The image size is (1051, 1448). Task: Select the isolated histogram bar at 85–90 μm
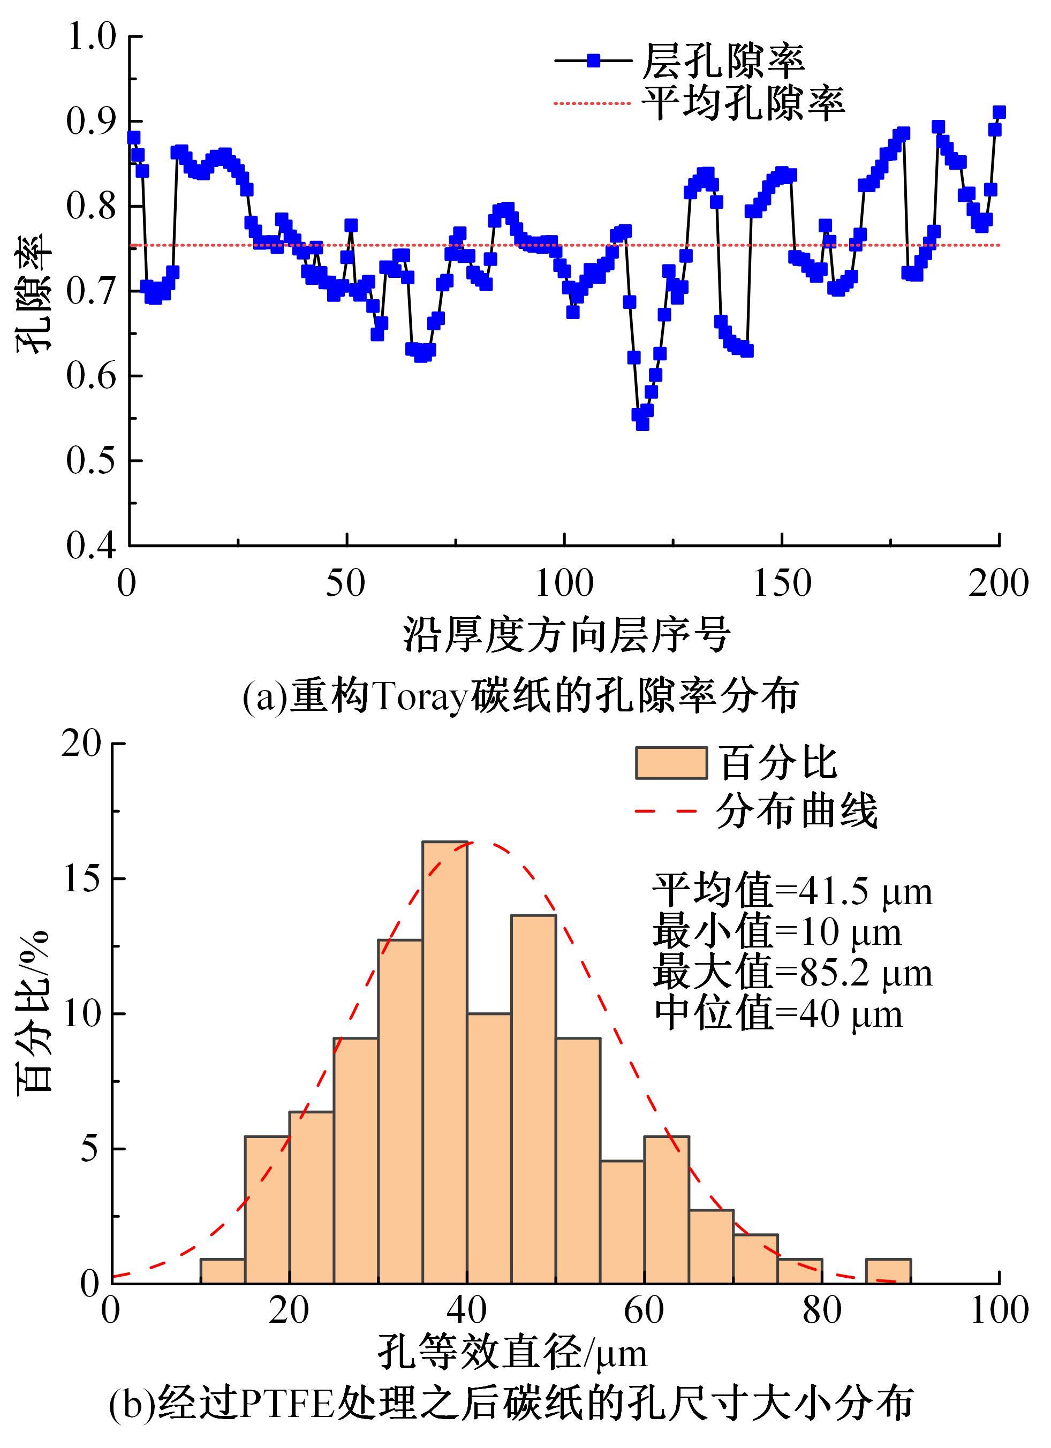(x=888, y=1271)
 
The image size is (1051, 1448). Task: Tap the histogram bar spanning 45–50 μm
(x=533, y=1098)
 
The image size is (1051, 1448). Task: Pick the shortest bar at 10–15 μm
(x=222, y=1271)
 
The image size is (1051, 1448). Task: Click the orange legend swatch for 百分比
(x=671, y=763)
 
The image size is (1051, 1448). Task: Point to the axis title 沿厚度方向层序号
(x=566, y=635)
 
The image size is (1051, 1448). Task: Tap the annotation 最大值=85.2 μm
(x=792, y=974)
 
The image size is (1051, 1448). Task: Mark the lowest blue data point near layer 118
(x=642, y=423)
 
